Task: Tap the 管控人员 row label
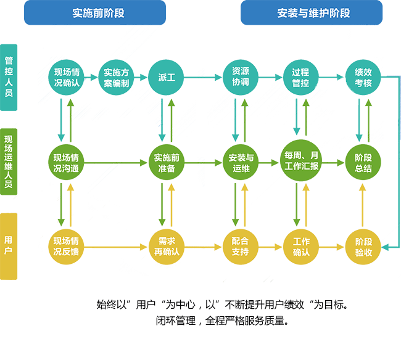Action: click(9, 77)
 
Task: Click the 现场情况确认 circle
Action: click(66, 77)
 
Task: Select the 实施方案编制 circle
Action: click(116, 77)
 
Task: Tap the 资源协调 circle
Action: click(240, 77)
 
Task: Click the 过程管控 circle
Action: click(300, 77)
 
